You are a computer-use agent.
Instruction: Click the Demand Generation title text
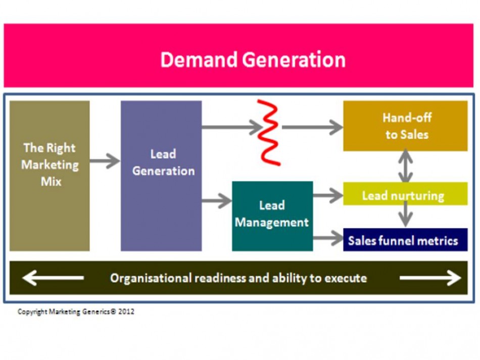(253, 60)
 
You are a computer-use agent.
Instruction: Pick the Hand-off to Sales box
(405, 126)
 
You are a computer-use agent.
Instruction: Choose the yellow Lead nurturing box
(405, 195)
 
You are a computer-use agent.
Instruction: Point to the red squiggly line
(269, 132)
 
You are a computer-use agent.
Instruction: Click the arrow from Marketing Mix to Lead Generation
(105, 162)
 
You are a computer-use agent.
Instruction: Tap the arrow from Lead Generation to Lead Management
(217, 201)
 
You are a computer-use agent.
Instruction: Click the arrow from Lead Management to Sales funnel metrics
(328, 238)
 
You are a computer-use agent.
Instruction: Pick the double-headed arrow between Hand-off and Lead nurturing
(405, 166)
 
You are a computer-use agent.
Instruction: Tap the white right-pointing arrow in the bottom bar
(430, 278)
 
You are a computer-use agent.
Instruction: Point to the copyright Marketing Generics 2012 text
(76, 312)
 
